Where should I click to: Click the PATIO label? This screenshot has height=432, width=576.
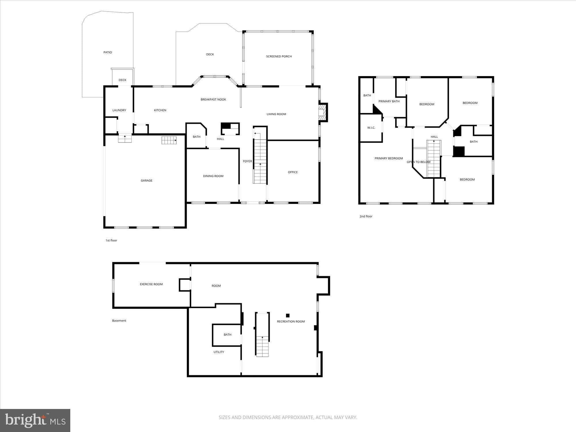(108, 52)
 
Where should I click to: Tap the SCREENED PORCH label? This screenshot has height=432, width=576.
(279, 56)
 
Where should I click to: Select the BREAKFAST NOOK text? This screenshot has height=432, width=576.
(213, 100)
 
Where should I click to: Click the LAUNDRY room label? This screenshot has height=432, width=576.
(119, 110)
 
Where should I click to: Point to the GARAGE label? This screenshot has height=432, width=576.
(146, 181)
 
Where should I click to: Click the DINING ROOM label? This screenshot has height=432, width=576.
(213, 176)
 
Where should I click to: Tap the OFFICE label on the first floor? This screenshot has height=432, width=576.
(293, 172)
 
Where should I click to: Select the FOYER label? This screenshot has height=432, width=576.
(247, 161)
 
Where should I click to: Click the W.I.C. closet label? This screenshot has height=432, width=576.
(371, 128)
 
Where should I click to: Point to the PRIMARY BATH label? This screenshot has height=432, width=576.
(389, 101)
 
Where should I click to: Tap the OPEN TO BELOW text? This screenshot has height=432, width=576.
(418, 162)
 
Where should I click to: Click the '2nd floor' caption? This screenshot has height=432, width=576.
(366, 216)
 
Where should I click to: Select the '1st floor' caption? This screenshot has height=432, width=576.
(111, 240)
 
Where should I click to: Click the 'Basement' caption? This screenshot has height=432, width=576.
(119, 321)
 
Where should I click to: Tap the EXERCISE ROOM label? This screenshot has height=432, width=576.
(151, 284)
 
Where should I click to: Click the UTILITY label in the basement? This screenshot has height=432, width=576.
(219, 352)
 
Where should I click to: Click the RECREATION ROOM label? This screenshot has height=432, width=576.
(291, 322)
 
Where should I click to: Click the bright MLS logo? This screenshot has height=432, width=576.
(35, 420)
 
